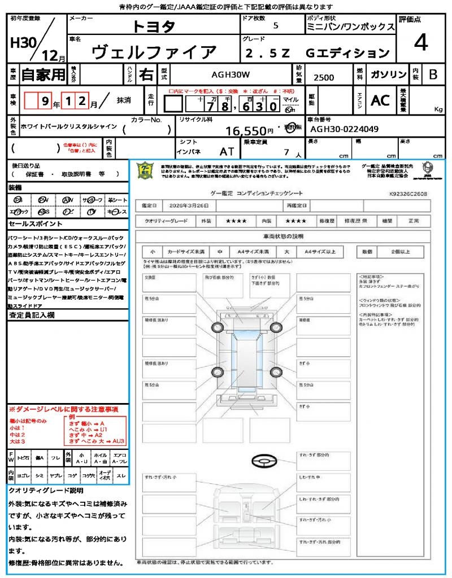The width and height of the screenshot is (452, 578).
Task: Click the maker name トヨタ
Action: click(154, 27)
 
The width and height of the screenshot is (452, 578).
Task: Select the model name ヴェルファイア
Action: click(154, 52)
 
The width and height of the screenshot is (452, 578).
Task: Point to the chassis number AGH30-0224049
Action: click(344, 129)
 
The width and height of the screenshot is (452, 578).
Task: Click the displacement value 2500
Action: click(324, 78)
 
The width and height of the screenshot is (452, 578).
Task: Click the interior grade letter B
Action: click(433, 75)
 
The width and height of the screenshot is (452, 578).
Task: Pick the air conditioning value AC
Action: click(380, 100)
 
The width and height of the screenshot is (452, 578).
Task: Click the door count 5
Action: click(275, 26)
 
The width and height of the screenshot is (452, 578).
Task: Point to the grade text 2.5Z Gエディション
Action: click(317, 53)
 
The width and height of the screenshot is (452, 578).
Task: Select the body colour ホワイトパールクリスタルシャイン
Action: click(68, 126)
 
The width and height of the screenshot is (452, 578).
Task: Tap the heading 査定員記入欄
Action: click(31, 315)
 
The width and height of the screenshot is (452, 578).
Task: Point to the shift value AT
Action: click(227, 152)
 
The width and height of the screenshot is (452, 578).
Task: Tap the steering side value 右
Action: click(146, 75)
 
